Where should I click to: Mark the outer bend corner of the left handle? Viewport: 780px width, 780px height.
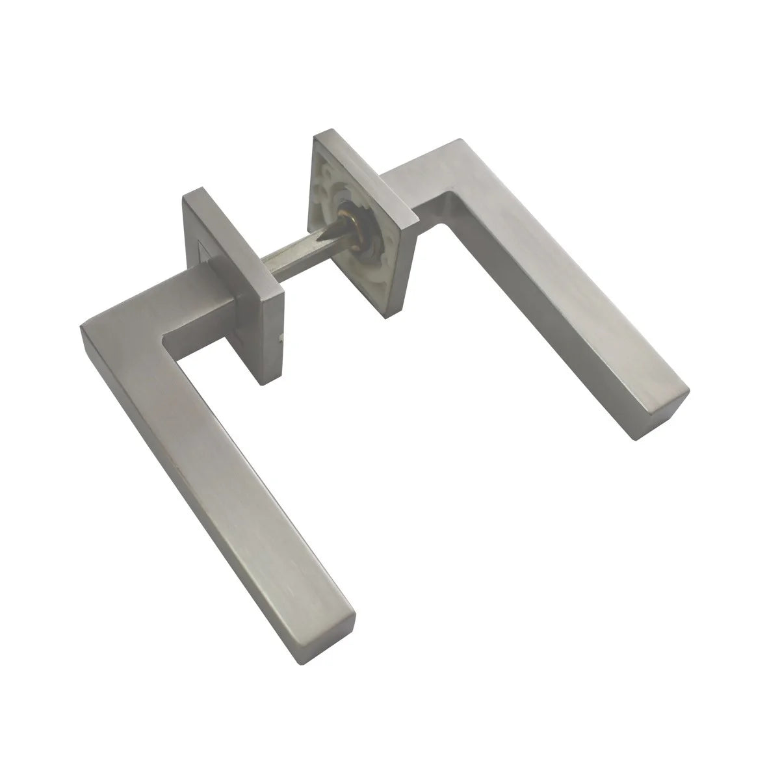coord(81,325)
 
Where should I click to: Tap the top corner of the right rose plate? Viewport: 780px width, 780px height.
coord(318,133)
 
